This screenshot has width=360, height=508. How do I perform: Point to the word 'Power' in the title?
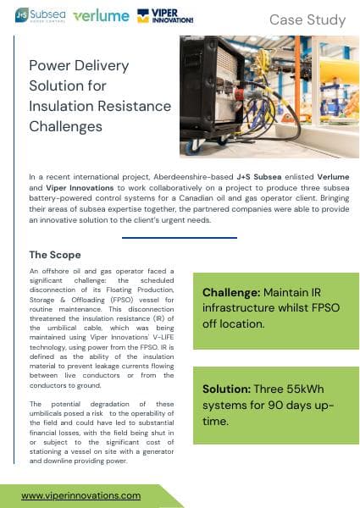[x=50, y=66]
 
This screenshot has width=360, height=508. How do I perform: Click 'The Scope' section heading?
[x=55, y=254]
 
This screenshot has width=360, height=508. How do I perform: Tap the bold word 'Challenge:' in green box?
[x=229, y=293]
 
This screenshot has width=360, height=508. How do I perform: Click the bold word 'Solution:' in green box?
[x=225, y=389]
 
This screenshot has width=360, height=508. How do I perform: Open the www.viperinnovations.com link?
[x=81, y=495]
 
